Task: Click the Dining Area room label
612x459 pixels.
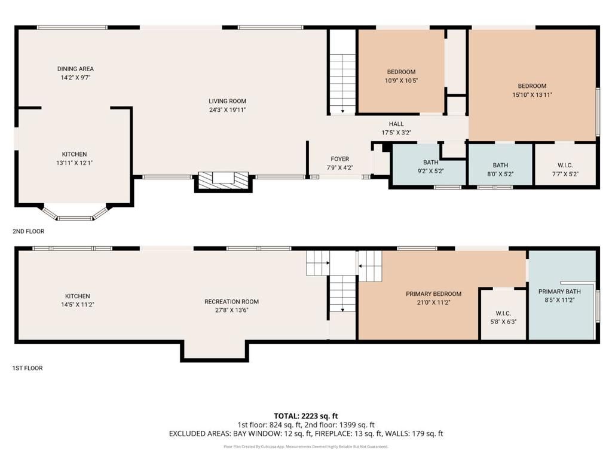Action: click(75, 69)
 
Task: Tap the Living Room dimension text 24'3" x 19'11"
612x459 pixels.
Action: click(227, 110)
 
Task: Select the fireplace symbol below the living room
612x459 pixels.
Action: click(224, 179)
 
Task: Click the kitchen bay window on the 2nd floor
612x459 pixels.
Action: click(75, 214)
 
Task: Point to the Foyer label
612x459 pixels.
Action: click(339, 159)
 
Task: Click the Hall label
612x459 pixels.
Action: click(396, 124)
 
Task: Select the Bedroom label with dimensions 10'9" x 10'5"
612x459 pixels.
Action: click(401, 72)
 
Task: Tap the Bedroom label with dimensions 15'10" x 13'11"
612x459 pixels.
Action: click(532, 86)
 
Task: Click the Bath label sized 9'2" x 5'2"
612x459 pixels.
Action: click(430, 162)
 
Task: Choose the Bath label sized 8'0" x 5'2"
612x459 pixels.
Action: click(500, 166)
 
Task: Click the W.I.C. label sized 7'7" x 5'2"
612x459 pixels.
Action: click(565, 166)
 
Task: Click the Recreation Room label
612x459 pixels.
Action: click(231, 302)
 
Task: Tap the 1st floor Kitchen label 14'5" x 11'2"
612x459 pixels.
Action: click(78, 296)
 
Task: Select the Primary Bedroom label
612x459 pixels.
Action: click(433, 294)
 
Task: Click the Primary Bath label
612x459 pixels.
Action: click(559, 292)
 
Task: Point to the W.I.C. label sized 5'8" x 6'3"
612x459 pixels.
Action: click(503, 314)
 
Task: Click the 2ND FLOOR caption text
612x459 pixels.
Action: click(28, 231)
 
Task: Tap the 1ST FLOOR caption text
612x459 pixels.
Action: click(27, 368)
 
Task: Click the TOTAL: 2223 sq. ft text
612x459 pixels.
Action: click(306, 416)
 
